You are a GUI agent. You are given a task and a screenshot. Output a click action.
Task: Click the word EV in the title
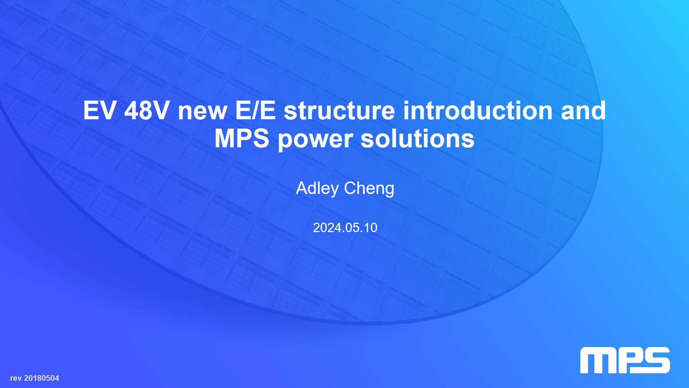point(99,110)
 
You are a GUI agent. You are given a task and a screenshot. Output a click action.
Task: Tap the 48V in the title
point(147,110)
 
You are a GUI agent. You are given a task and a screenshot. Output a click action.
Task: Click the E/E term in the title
point(256,110)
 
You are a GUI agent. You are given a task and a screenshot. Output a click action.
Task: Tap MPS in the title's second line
point(242,138)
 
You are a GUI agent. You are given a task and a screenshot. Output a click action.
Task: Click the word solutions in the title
point(417,138)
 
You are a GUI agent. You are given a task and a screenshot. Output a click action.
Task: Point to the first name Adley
point(317,189)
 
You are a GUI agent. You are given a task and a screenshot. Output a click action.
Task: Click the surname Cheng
point(369,189)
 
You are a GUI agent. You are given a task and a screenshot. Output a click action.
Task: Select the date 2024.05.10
point(345,228)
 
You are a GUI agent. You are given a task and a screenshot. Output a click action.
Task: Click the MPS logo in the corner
point(625,360)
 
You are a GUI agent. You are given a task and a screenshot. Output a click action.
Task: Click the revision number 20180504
point(42,378)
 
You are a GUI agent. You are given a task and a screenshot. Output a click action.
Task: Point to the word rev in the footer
point(16,379)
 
